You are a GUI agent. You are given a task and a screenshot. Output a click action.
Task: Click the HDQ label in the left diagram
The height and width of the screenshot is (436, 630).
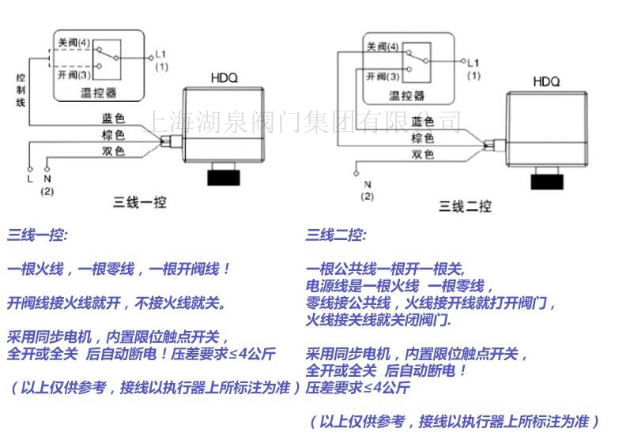click(224, 77)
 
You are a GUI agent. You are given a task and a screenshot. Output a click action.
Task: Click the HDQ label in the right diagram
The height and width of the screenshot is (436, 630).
click(545, 81)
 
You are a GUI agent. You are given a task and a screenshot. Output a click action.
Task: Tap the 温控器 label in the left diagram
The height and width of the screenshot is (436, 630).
click(98, 92)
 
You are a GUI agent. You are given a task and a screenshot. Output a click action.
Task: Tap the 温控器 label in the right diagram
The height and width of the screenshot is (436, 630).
click(406, 96)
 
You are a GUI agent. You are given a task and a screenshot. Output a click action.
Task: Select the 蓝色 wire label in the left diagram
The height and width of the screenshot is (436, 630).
click(113, 119)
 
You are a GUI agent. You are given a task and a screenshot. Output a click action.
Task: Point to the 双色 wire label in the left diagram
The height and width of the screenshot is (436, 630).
click(113, 151)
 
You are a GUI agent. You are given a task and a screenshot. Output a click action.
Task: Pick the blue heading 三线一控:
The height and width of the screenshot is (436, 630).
click(38, 235)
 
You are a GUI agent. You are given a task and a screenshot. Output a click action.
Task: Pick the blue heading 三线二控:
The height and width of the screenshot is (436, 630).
click(336, 235)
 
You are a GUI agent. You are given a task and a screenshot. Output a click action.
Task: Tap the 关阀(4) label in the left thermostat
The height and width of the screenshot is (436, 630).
click(74, 41)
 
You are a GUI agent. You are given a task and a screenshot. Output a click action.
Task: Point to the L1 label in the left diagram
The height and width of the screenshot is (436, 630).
click(160, 54)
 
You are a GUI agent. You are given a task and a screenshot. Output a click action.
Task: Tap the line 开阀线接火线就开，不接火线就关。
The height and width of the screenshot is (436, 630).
click(116, 303)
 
